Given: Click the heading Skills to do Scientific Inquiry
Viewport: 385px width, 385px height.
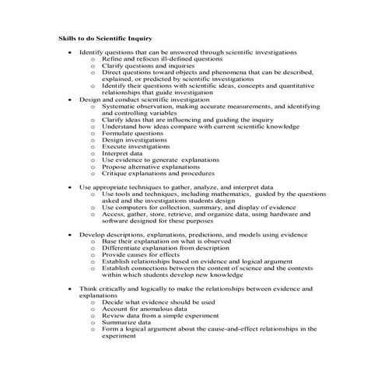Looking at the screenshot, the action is click(105, 37).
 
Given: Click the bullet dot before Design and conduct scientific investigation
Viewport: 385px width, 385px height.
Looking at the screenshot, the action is click(70, 100).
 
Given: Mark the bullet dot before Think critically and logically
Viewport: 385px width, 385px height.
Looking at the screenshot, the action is click(70, 289).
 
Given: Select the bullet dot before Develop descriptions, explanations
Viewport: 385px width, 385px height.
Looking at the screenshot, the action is click(70, 234).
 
